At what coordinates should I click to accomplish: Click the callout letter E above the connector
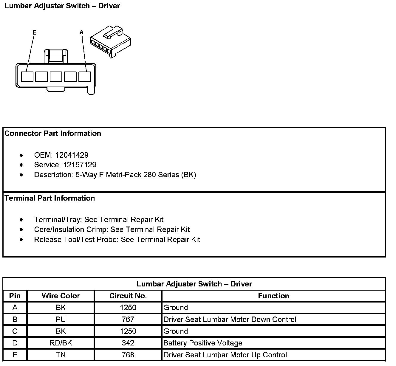click(34, 32)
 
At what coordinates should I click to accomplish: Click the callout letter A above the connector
click(82, 32)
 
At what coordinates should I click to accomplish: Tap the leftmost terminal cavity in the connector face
click(27, 77)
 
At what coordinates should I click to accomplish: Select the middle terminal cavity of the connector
click(56, 77)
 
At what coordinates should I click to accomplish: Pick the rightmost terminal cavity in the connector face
click(85, 77)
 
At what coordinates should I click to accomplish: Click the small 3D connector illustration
click(111, 41)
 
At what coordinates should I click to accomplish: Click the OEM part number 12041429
click(72, 155)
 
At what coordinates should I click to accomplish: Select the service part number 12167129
click(80, 165)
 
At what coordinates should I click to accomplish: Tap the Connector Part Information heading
click(53, 133)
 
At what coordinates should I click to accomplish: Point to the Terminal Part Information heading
click(50, 198)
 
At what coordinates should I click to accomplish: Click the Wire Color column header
click(61, 296)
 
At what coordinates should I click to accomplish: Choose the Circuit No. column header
click(128, 296)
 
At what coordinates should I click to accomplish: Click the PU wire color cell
click(61, 320)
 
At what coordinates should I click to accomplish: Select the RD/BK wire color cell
click(61, 343)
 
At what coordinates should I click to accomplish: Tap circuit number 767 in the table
click(128, 320)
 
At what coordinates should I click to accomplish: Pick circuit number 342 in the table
click(128, 343)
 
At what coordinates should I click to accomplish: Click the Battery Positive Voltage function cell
click(203, 343)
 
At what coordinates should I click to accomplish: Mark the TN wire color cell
click(61, 355)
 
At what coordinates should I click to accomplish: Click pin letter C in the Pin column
click(15, 331)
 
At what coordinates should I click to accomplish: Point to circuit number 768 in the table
click(128, 355)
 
